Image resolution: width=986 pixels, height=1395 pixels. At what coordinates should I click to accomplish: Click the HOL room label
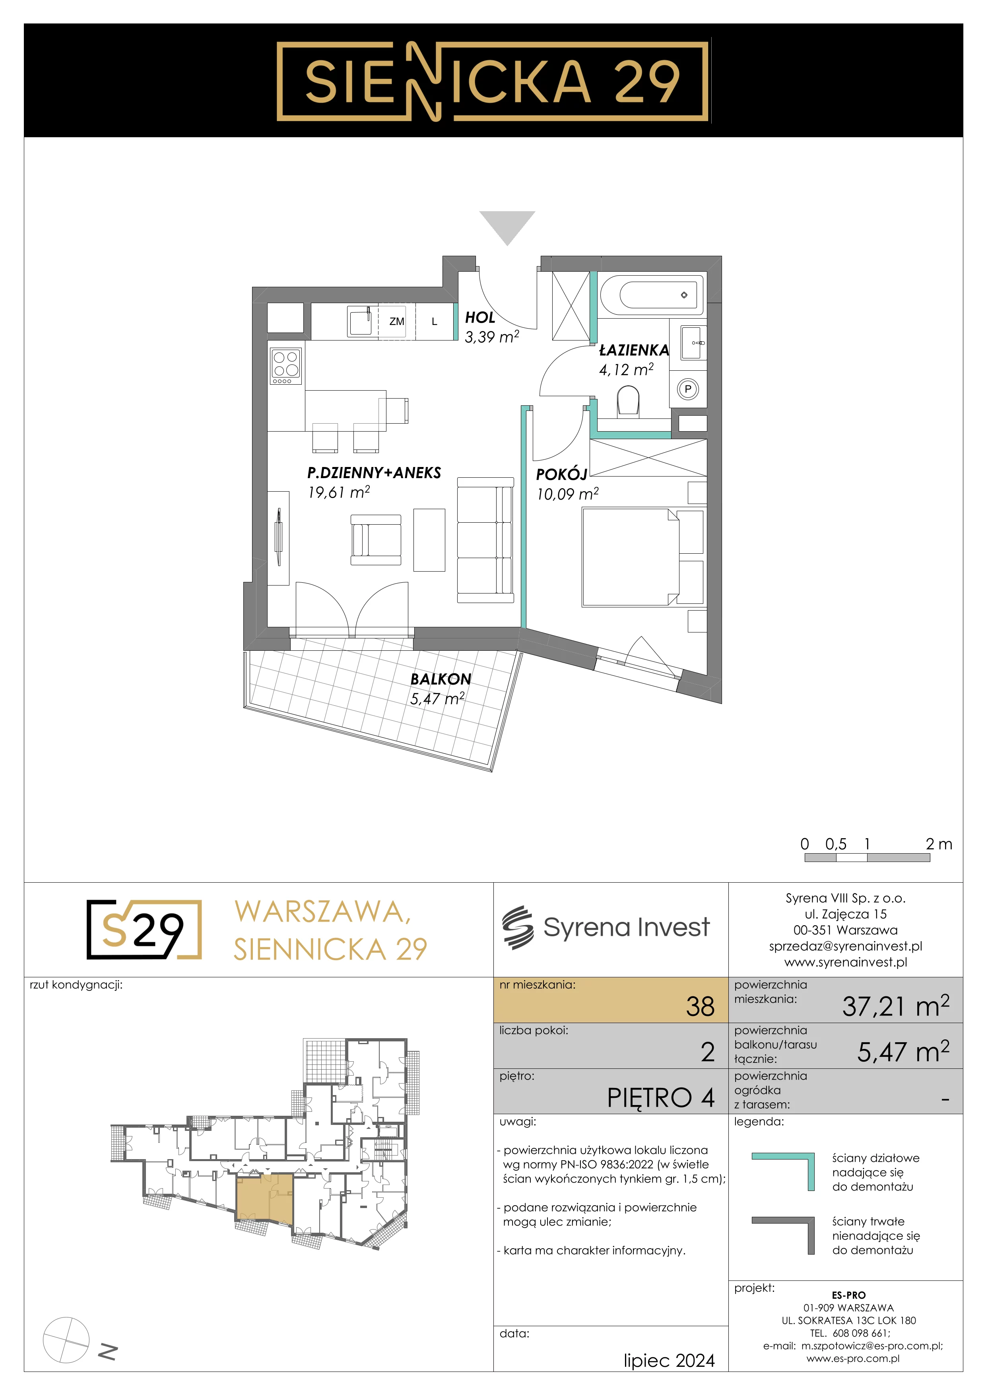pyautogui.click(x=479, y=317)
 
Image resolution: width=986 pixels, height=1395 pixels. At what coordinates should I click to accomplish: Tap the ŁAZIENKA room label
pyautogui.click(x=634, y=350)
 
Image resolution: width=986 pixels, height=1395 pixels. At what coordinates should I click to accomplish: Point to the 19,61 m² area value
pyautogui.click(x=339, y=492)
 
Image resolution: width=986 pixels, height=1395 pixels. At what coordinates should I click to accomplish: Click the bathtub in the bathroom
pyautogui.click(x=652, y=295)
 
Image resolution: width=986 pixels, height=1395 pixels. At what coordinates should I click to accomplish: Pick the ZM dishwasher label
pyautogui.click(x=396, y=321)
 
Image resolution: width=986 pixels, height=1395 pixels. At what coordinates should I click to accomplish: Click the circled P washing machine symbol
pyautogui.click(x=688, y=389)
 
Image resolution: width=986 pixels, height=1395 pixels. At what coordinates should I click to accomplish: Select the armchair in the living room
pyautogui.click(x=376, y=539)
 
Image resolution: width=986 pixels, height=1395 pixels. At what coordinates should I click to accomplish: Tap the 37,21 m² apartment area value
pyautogui.click(x=895, y=1006)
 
